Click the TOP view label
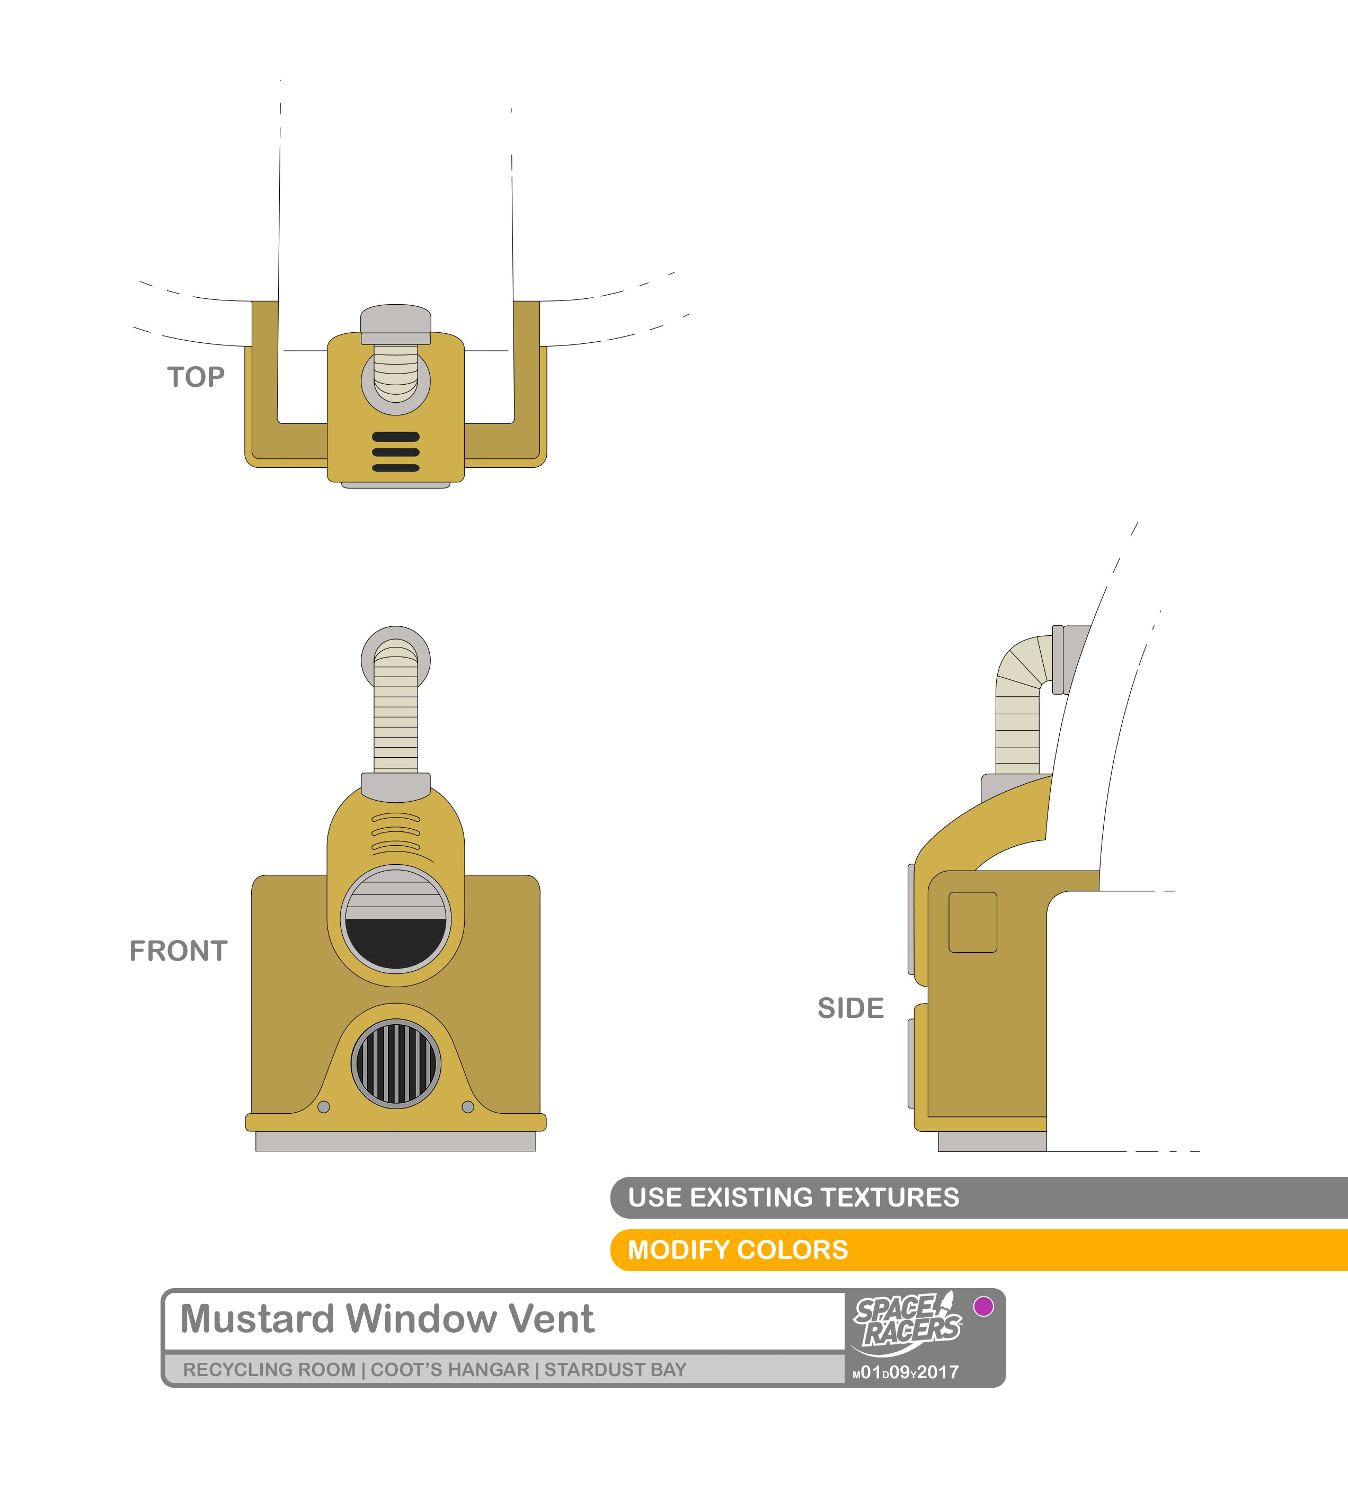click(x=196, y=377)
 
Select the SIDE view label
click(x=850, y=1008)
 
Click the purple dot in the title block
click(x=983, y=1307)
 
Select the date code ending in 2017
click(x=906, y=1372)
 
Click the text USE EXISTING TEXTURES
click(x=794, y=1198)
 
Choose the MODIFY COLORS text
click(x=738, y=1250)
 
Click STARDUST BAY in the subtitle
click(x=616, y=1370)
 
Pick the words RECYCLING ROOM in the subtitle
click(x=270, y=1370)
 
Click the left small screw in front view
click(x=324, y=1107)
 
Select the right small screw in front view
click(x=468, y=1107)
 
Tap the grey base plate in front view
click(x=396, y=1141)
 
